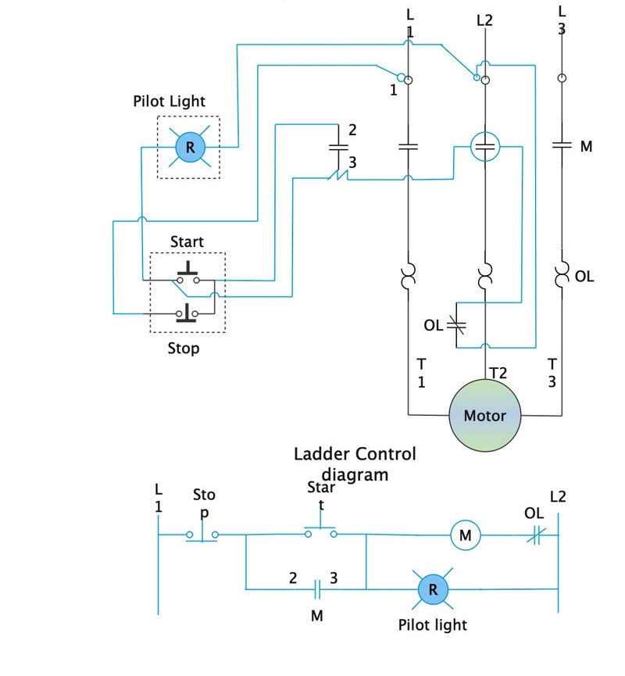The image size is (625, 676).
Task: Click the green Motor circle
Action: coord(484,415)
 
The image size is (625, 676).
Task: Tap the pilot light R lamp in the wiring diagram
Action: coord(189,147)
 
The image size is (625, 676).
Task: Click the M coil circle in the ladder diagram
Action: coord(465,535)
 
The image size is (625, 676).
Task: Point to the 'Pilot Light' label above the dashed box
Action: coord(170,102)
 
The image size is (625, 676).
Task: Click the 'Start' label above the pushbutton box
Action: coord(187,241)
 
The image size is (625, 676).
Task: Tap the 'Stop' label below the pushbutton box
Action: coord(184,349)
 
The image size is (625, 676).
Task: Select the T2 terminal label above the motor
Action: coord(498,374)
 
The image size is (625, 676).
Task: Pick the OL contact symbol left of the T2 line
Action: coord(455,324)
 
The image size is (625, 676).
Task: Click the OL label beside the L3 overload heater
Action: coord(584,277)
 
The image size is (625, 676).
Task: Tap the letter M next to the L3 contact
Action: coord(586,146)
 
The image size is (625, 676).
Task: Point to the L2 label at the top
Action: coord(484,20)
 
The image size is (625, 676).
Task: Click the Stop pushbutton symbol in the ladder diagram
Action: coord(202,535)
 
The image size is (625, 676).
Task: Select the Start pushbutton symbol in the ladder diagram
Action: coord(321,533)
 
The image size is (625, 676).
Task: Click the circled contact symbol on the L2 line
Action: coord(484,145)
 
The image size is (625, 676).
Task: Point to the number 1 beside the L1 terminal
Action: coord(394,90)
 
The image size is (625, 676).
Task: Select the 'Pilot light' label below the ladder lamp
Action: coord(432,624)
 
